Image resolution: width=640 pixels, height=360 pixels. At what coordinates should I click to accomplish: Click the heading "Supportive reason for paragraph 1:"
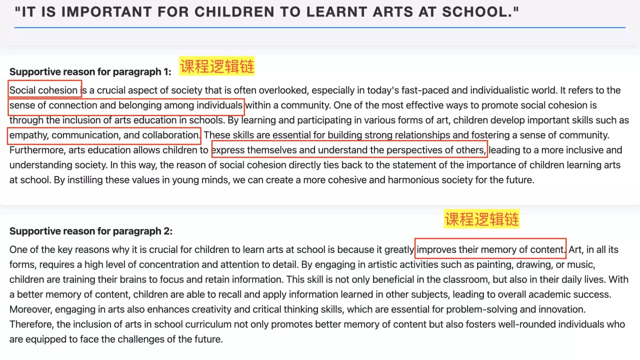(x=90, y=71)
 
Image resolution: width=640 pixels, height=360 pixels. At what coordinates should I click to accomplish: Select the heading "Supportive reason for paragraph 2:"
(x=90, y=231)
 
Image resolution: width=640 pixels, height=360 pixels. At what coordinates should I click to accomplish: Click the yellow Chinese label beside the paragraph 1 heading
(x=217, y=66)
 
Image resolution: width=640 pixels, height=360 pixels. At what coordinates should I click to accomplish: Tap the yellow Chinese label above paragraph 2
(x=482, y=219)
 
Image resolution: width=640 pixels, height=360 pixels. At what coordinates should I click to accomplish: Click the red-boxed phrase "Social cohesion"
(x=44, y=90)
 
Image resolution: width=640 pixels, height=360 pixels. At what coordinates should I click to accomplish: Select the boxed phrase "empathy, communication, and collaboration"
(x=104, y=135)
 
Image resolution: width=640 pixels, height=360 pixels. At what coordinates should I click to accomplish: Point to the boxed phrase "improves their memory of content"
(x=490, y=249)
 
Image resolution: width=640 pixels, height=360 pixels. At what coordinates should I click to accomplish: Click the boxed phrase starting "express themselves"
(x=349, y=150)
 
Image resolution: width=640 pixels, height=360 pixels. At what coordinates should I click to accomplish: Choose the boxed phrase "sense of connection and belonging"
(x=126, y=105)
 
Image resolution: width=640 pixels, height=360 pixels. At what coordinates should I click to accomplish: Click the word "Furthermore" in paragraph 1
(x=37, y=150)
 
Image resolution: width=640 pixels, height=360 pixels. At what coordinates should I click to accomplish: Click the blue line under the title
(x=320, y=27)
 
